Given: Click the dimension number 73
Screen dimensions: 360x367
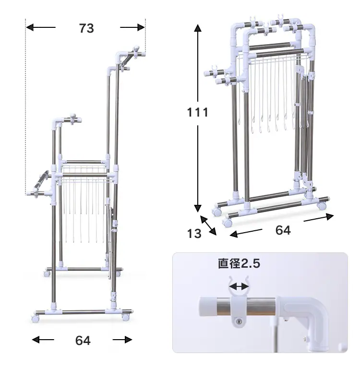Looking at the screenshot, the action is [x=86, y=28].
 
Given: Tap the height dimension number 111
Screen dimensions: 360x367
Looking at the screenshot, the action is [x=198, y=112].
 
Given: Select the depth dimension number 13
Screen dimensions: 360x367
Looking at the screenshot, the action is [x=194, y=234].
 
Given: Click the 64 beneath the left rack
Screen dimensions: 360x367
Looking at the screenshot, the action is [x=83, y=341].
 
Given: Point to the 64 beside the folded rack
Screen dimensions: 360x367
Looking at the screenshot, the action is [x=283, y=230].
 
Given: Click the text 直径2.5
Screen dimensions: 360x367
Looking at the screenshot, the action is [x=239, y=263].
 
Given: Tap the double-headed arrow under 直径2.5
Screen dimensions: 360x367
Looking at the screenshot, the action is [x=239, y=286].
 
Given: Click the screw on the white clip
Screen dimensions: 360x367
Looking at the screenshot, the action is [x=239, y=322].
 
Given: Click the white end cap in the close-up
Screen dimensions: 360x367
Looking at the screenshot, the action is [x=207, y=307].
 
